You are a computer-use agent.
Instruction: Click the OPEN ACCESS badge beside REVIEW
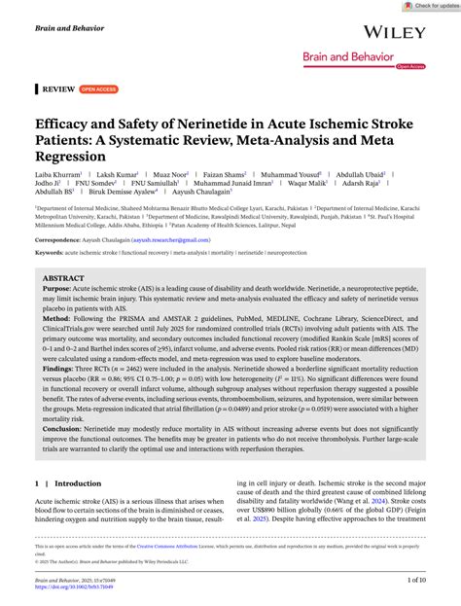(x=98, y=89)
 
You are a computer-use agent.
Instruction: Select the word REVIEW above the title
(x=57, y=89)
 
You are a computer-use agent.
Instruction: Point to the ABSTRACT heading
(x=63, y=278)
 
